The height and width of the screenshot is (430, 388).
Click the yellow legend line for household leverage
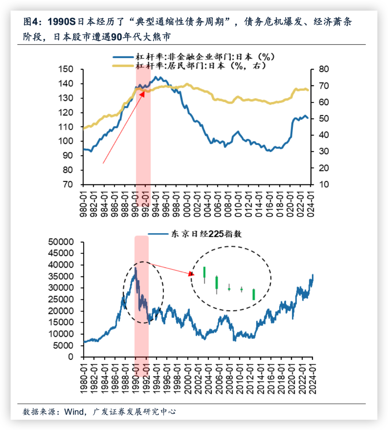click(123, 66)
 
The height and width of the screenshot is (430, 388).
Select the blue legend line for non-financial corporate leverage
click(123, 57)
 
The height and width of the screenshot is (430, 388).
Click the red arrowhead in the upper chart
click(142, 93)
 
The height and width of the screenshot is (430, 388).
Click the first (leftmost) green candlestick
click(205, 272)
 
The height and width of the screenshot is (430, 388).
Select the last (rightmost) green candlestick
click(253, 294)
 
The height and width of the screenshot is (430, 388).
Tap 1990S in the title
click(62, 22)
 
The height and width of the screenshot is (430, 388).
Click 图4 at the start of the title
click(30, 22)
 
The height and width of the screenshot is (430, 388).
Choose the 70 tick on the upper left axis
click(68, 184)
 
